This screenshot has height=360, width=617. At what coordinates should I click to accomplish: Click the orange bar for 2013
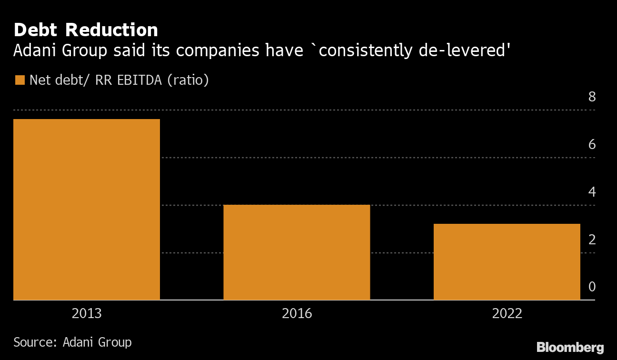[x=87, y=210]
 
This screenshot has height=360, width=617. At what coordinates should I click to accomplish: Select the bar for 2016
[x=297, y=252]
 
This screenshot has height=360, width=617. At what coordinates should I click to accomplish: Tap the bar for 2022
[x=507, y=262]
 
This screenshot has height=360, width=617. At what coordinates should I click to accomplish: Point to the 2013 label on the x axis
[x=87, y=313]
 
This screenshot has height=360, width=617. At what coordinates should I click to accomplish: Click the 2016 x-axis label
[x=297, y=313]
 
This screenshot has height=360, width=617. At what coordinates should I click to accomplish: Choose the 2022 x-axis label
[x=507, y=313]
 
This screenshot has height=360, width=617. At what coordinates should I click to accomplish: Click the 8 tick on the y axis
[x=592, y=97]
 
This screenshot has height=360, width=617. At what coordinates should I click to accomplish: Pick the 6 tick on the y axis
[x=592, y=144]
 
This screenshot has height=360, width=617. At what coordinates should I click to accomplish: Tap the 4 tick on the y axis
[x=592, y=192]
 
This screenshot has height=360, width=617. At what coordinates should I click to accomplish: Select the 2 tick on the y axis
[x=592, y=240]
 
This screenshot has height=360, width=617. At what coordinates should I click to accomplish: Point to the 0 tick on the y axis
[x=592, y=287]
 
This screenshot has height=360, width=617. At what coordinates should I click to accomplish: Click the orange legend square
[x=20, y=80]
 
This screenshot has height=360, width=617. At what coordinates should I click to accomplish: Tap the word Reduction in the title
[x=111, y=30]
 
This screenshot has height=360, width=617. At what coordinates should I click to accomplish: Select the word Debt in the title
[x=37, y=30]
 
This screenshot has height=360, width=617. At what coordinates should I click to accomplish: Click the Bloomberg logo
[x=570, y=347]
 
